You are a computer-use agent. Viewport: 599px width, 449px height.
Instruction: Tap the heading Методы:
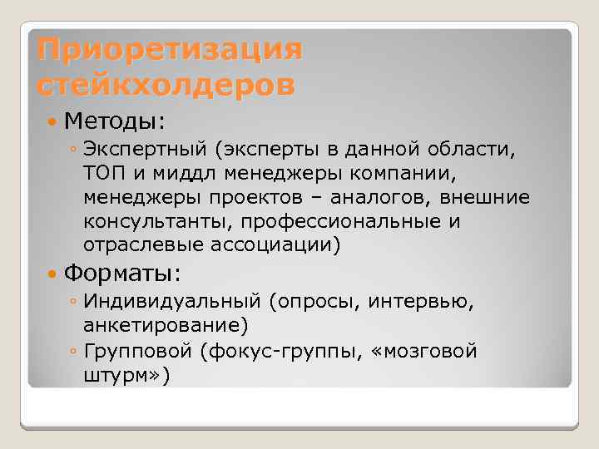(x=115, y=121)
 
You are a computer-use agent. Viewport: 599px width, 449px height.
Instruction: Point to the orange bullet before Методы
(x=53, y=122)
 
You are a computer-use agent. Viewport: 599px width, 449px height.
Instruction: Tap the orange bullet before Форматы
(x=53, y=274)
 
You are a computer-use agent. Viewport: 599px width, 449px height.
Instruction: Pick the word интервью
(x=425, y=303)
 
